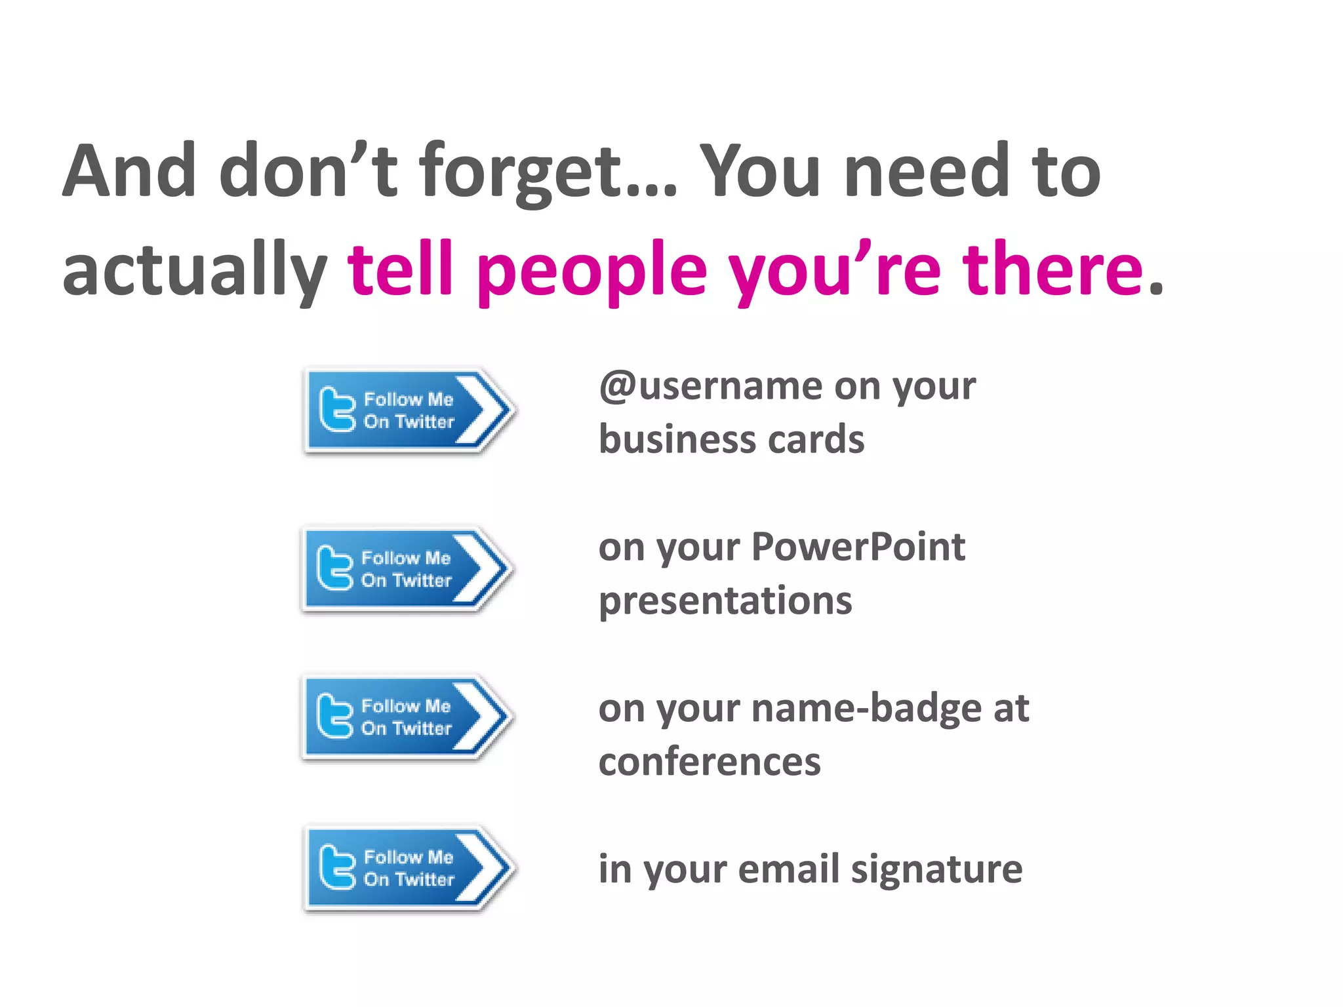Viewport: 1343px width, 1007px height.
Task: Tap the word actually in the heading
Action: coord(194,270)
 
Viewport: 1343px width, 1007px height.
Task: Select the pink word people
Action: coord(592,270)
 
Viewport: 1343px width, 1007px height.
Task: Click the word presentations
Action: coord(725,601)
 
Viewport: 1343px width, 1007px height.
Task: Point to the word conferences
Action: coord(709,762)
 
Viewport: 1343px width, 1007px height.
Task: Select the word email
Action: coord(788,869)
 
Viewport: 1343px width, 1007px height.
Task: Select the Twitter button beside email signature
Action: coord(408,869)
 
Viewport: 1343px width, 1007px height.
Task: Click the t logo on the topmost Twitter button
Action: coord(336,410)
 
